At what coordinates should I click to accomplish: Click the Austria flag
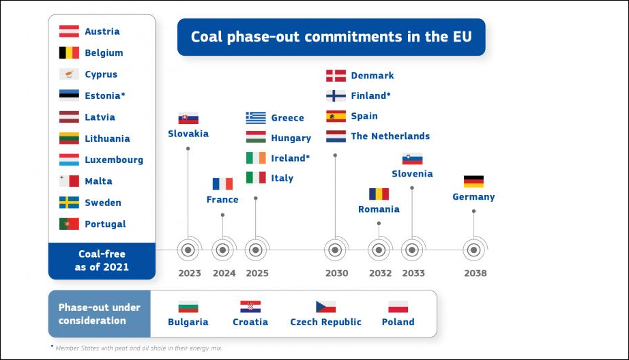tap(69, 31)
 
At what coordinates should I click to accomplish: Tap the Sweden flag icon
tap(69, 202)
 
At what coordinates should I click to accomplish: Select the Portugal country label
tap(105, 224)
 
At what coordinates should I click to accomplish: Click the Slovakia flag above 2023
tap(188, 118)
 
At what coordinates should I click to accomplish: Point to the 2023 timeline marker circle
tap(188, 250)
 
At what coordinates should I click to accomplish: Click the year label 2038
tap(476, 273)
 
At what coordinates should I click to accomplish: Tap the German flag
tap(473, 181)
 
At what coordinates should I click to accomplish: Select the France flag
tap(222, 184)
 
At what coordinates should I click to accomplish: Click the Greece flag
tap(256, 118)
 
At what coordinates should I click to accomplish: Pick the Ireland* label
tap(291, 158)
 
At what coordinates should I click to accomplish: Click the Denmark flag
tap(336, 76)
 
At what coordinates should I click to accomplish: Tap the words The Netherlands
tap(390, 136)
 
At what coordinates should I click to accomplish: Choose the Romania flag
tap(379, 194)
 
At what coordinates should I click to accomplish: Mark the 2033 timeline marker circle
tap(412, 250)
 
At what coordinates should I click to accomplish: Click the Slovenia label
tap(412, 174)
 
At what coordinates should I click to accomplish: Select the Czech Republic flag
tap(325, 307)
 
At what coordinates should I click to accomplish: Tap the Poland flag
tap(398, 307)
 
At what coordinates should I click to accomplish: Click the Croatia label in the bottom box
tap(250, 322)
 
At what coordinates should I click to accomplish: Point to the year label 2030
tap(336, 273)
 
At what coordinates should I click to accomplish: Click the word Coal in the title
tap(206, 37)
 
